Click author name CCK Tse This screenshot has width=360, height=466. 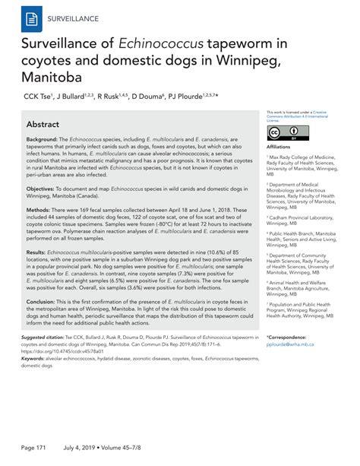coord(36,97)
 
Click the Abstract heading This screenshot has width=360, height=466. coord(47,123)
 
